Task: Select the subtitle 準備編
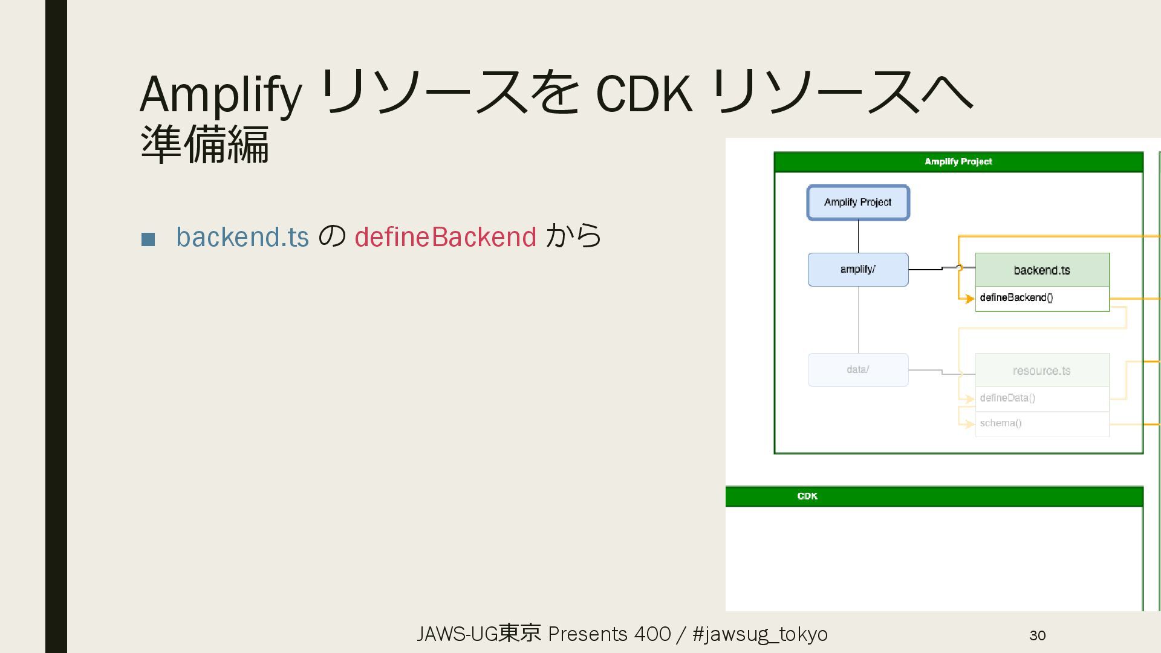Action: click(204, 145)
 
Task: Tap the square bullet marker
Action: click(148, 239)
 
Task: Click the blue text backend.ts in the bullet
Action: click(242, 237)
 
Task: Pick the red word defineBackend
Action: click(445, 237)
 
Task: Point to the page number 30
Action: click(1037, 635)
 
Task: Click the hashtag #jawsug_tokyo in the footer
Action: click(760, 634)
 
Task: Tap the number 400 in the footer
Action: click(652, 634)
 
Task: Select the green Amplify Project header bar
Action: click(958, 161)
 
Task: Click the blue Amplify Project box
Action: click(857, 203)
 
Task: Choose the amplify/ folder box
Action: click(857, 270)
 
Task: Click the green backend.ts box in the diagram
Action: click(1042, 270)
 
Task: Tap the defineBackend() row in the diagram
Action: click(1042, 298)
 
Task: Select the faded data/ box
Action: click(857, 369)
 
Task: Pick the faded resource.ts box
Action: click(1042, 371)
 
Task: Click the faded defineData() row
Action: click(1042, 398)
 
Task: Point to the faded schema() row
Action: click(1042, 424)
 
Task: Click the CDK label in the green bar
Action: click(807, 496)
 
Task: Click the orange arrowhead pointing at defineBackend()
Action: click(970, 299)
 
